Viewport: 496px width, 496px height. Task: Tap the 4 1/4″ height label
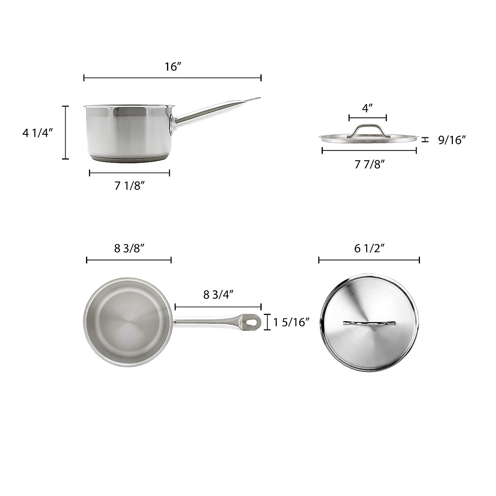38,133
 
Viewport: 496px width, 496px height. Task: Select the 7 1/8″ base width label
129,186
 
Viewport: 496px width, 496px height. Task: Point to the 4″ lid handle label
367,108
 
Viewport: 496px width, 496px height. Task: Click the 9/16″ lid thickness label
452,141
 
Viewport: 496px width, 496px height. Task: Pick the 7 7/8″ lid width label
370,164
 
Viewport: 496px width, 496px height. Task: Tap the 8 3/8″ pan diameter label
129,248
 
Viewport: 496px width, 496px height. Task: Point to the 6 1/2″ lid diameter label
370,248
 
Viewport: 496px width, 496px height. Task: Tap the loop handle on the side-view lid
367,129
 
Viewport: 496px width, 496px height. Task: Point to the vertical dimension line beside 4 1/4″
65,133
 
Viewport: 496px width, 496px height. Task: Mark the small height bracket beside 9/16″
424,140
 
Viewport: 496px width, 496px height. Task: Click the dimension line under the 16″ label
172,78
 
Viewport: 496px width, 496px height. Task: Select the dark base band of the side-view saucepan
129,159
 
